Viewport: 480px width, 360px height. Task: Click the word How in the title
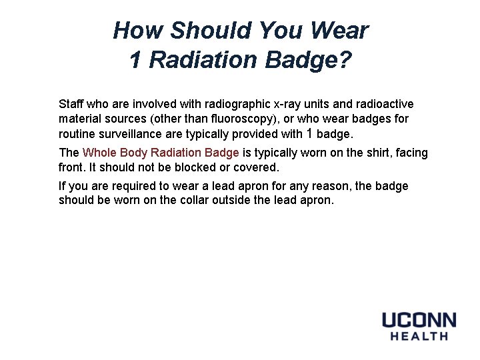[x=138, y=31]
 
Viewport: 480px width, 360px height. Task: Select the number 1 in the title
[x=135, y=61]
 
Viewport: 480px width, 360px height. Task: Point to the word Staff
[x=71, y=105]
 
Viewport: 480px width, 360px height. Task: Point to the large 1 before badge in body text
[x=309, y=133]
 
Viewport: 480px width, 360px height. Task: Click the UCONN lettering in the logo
[x=419, y=319]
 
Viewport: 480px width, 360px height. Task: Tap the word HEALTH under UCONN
[x=419, y=336]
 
